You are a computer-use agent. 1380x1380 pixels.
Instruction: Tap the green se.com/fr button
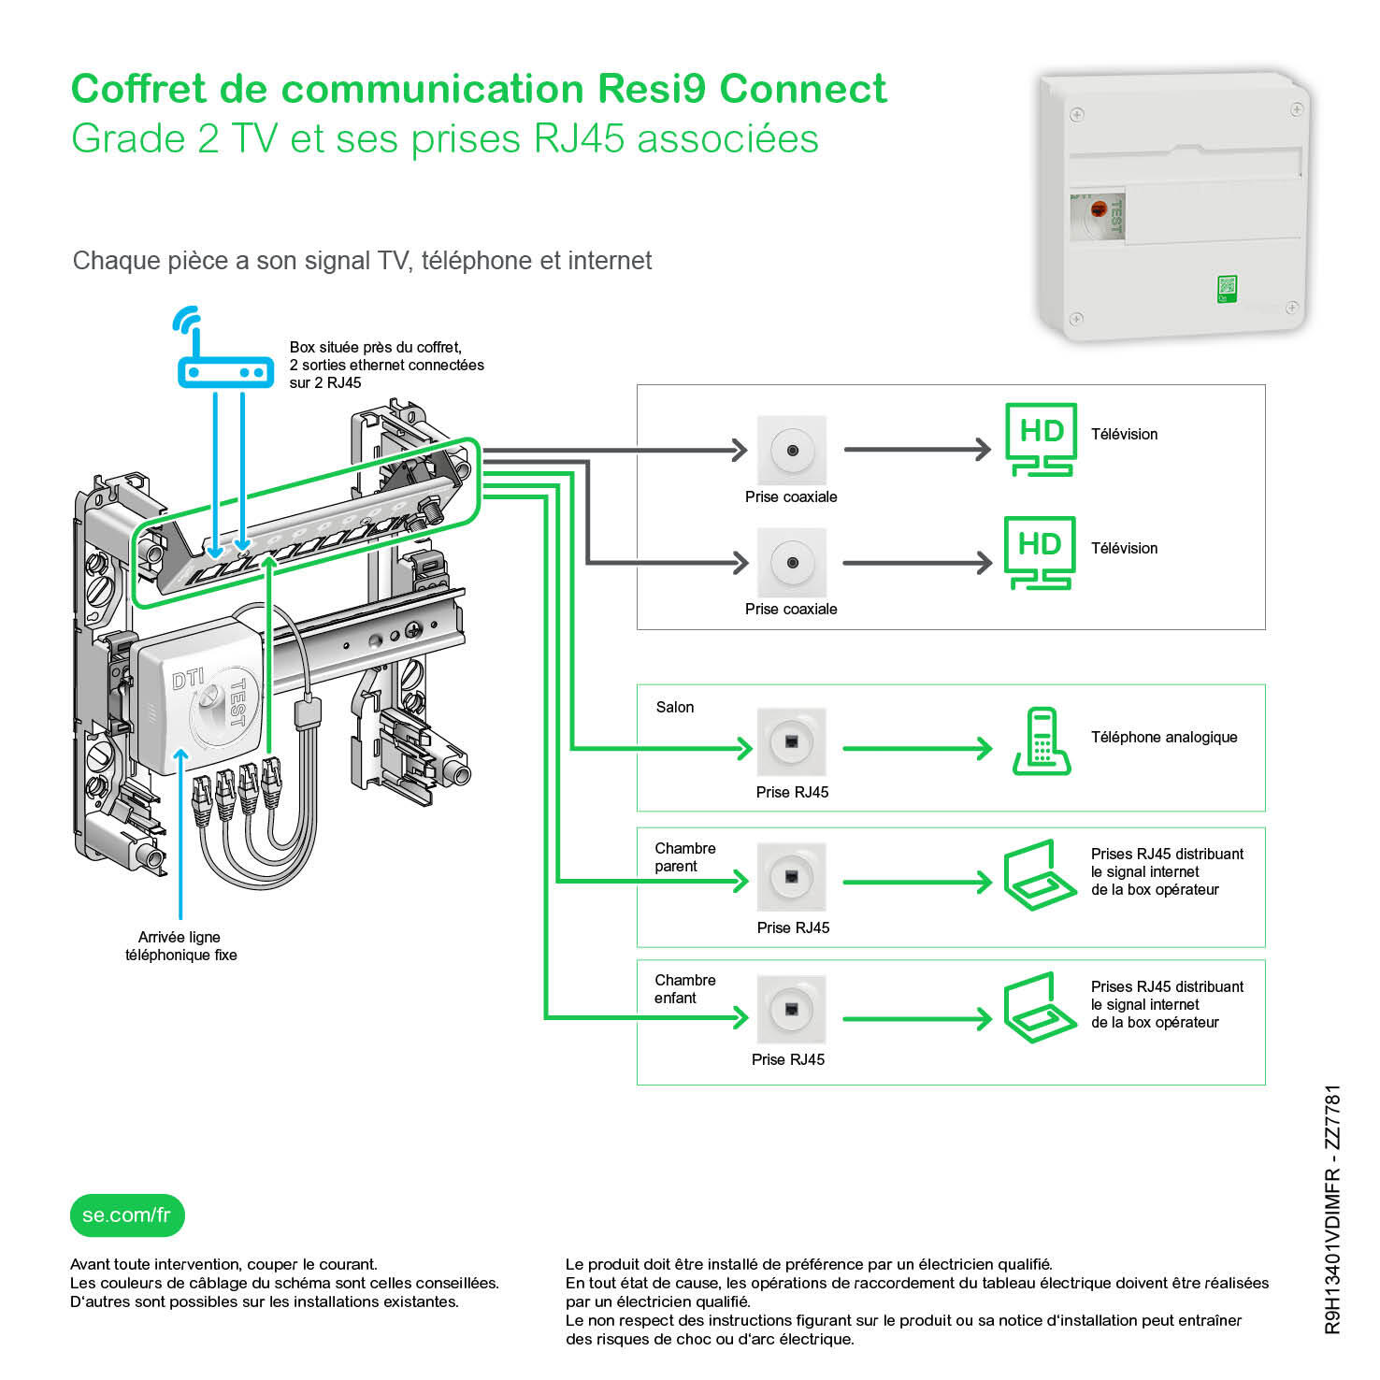[127, 1215]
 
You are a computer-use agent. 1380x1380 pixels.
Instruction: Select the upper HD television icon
[1040, 439]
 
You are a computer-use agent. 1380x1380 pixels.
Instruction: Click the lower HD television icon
[1040, 553]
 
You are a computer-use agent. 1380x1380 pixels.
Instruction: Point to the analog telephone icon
[1040, 741]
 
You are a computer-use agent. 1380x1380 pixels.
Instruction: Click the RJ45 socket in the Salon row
[791, 742]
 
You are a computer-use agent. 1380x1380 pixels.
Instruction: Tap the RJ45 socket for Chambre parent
[791, 877]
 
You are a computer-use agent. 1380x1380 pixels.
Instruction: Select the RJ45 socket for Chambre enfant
[791, 1010]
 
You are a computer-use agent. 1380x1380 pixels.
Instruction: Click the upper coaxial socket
[792, 450]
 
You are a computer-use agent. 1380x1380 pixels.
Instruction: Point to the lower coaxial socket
[792, 563]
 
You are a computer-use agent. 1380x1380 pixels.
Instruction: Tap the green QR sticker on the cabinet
[1227, 289]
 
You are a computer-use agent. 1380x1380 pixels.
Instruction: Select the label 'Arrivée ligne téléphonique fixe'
[180, 946]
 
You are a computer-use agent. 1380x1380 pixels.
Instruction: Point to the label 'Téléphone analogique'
[1163, 737]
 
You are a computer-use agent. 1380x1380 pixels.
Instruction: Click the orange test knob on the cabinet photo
[1099, 208]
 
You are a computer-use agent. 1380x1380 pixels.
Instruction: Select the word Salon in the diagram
[674, 707]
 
